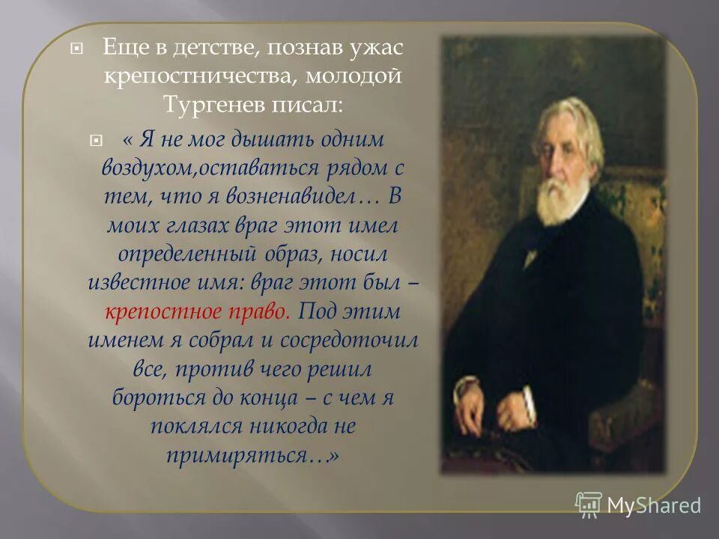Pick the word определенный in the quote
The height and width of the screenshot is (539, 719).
tap(161, 254)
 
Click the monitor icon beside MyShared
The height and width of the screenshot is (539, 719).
tap(589, 504)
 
